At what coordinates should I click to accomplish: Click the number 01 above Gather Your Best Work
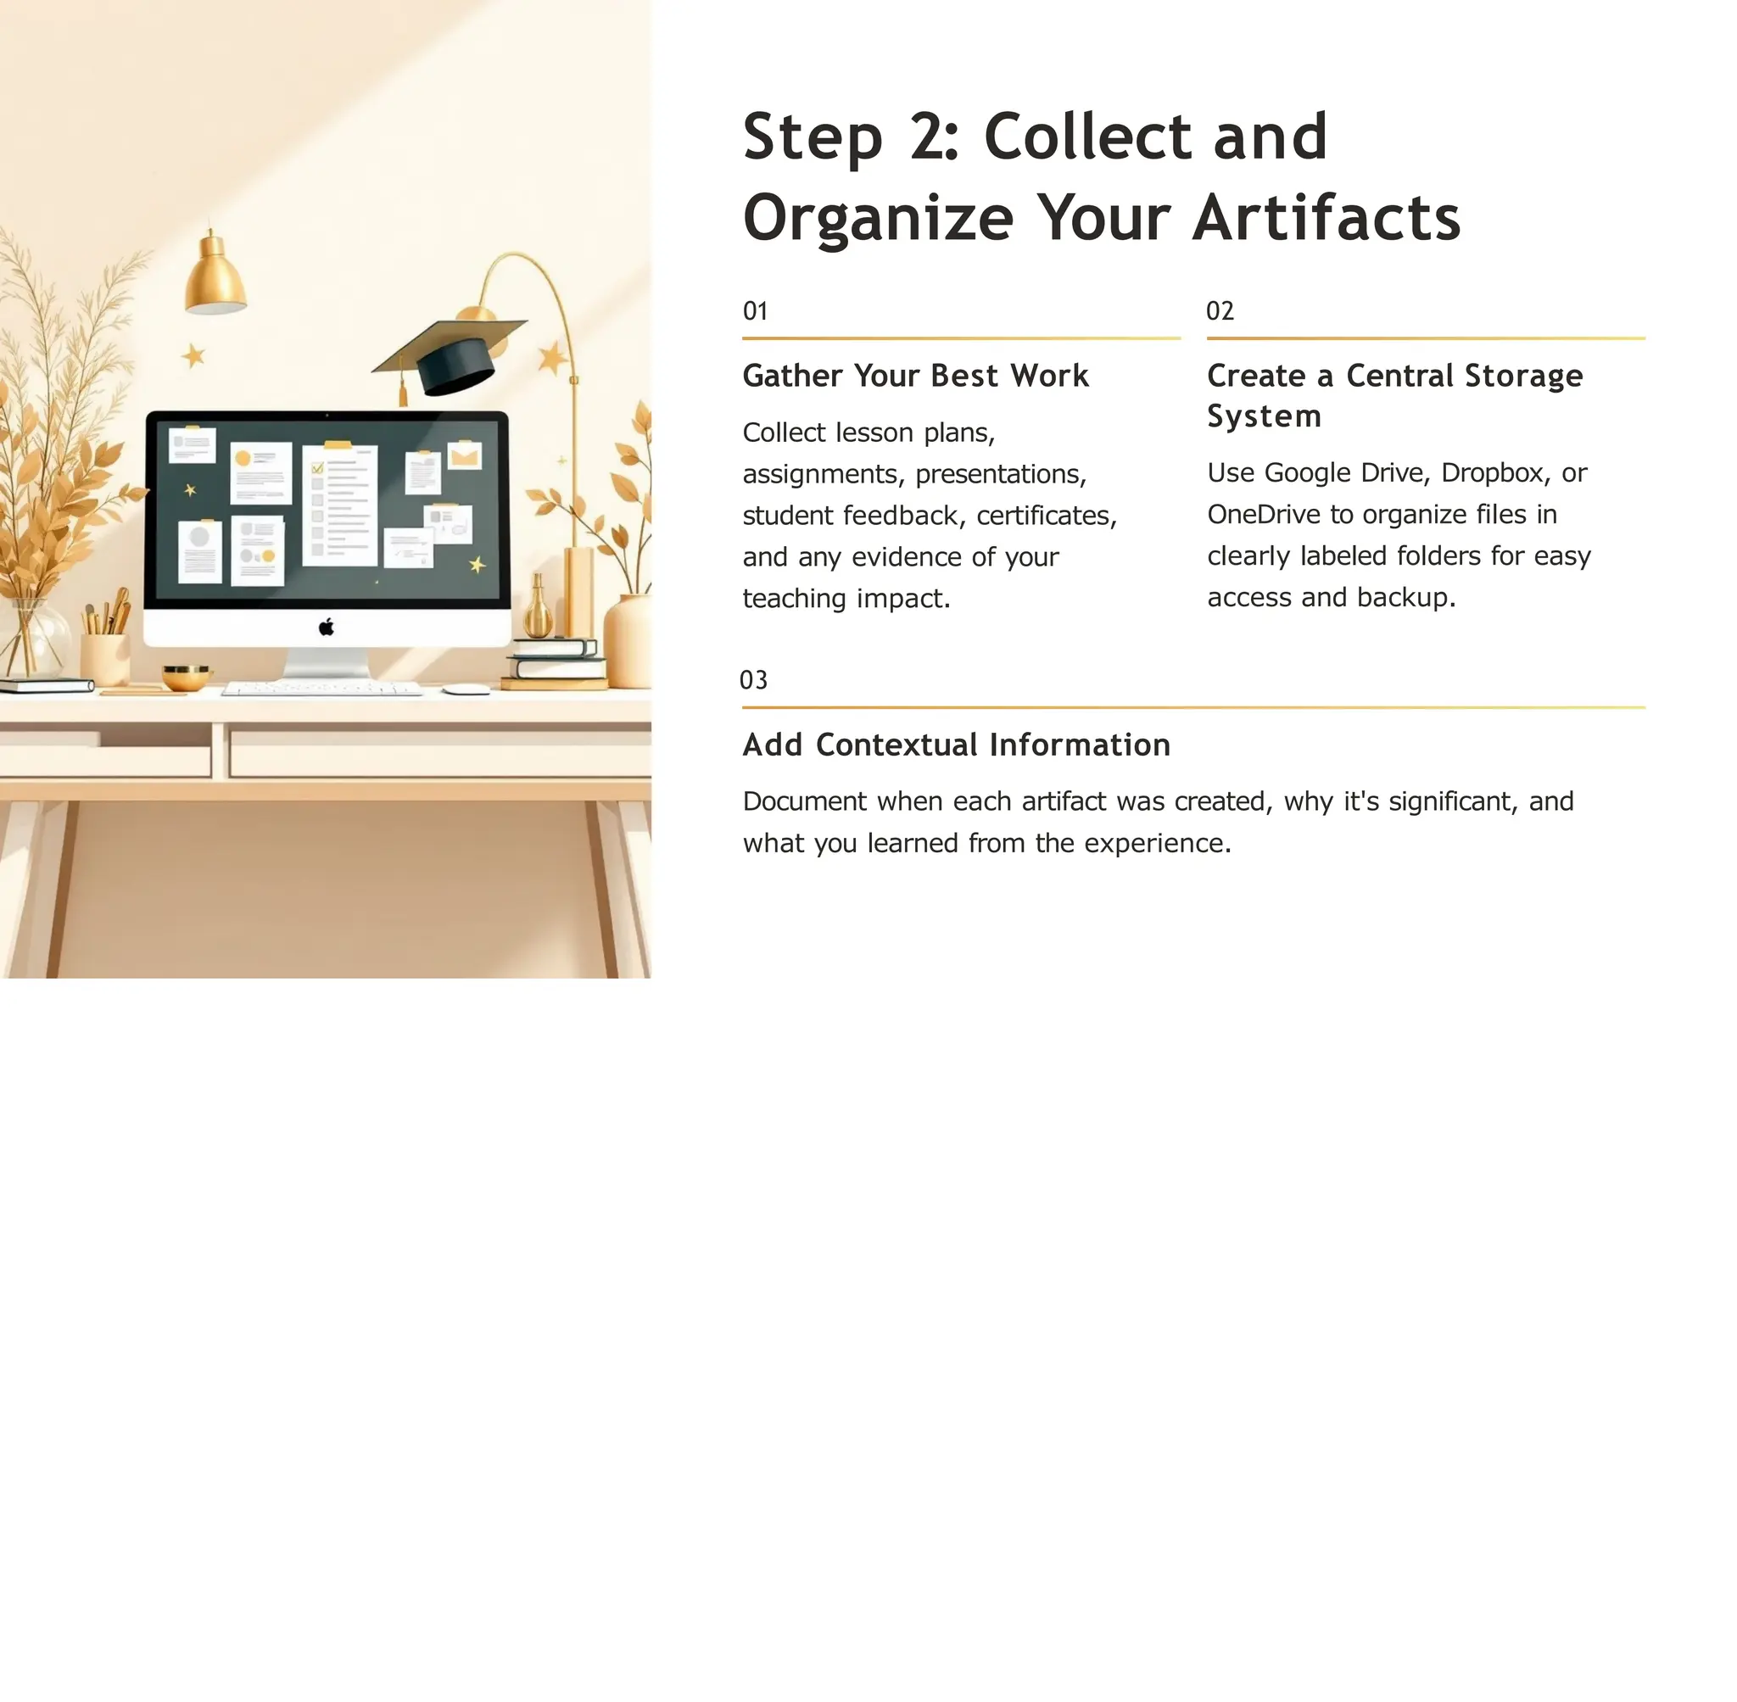tap(756, 311)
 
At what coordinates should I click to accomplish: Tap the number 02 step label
tap(1220, 311)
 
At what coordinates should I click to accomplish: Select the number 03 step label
tap(753, 680)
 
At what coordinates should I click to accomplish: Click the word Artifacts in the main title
tap(1326, 217)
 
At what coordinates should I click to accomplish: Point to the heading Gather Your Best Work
tap(915, 376)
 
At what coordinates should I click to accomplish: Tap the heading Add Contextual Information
tap(956, 745)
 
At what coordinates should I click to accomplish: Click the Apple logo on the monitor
tap(327, 627)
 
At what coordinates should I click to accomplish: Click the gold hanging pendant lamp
tap(215, 277)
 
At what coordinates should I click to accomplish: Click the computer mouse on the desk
tap(466, 689)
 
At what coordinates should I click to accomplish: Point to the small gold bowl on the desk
tap(186, 676)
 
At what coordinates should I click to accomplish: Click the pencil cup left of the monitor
tap(104, 655)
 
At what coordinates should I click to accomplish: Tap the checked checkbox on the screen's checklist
tap(317, 467)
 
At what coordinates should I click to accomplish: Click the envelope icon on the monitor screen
tap(465, 456)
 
